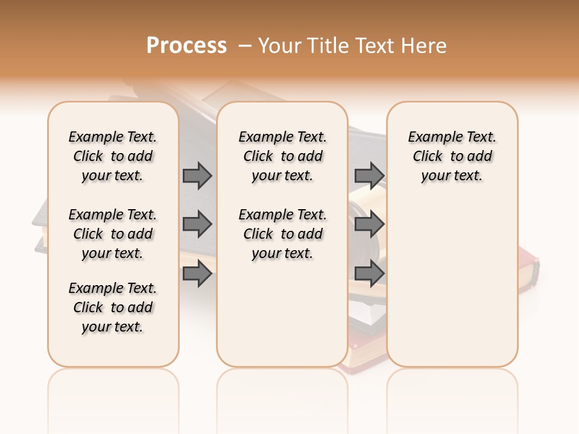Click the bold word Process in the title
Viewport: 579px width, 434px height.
(186, 46)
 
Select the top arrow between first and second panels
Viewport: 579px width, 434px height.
(197, 175)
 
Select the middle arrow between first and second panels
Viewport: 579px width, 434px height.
(197, 225)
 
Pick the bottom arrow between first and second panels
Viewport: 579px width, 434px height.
(197, 274)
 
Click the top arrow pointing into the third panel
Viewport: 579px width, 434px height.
(369, 175)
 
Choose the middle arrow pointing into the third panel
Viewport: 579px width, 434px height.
(369, 225)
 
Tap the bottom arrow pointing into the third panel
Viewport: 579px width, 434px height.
(369, 274)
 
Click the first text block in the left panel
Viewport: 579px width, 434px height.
(113, 156)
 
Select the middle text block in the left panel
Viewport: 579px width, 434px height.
(113, 234)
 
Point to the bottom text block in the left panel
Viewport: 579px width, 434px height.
(113, 307)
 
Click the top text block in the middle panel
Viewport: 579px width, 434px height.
(282, 156)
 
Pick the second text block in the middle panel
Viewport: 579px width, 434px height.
(282, 234)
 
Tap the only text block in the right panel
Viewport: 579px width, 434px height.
(452, 156)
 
